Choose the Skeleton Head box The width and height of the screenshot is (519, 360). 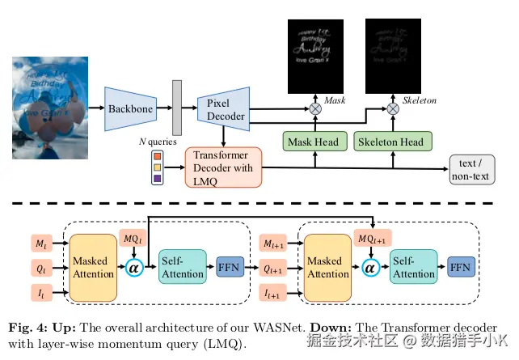click(x=390, y=142)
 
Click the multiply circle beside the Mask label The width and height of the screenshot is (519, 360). click(x=315, y=108)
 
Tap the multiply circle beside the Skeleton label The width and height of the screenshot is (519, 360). click(x=392, y=108)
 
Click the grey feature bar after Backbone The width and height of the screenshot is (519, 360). click(x=177, y=107)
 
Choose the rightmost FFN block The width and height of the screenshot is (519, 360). click(x=461, y=265)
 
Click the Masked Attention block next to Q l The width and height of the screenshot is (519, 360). click(x=94, y=268)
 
